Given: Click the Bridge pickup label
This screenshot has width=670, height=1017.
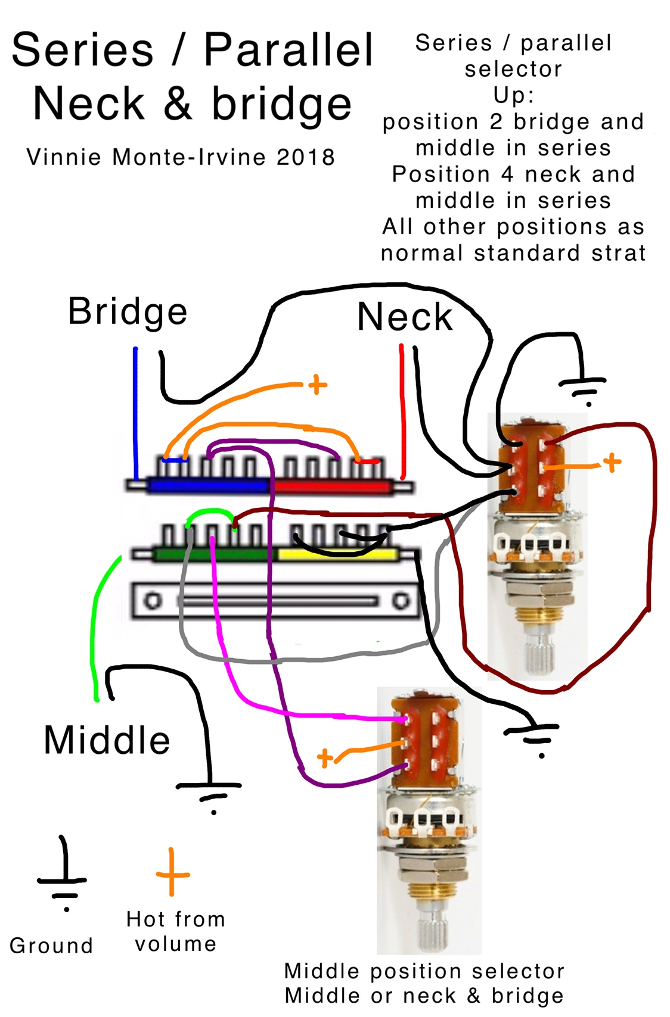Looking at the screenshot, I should tap(128, 312).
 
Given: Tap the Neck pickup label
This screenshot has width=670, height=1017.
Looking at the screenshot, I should tap(405, 317).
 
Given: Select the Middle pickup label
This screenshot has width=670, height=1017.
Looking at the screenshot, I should tap(107, 741).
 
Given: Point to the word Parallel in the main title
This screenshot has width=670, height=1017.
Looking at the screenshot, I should tap(289, 50).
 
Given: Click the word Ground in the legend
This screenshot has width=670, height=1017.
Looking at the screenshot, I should tap(51, 946).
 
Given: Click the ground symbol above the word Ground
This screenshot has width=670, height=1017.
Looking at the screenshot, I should tap(63, 878).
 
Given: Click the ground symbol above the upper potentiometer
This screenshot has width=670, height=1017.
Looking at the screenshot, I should tap(582, 387).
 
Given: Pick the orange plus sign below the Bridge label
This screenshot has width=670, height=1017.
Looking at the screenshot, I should tap(317, 385).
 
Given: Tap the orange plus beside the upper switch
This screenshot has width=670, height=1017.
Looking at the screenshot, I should tap(612, 462).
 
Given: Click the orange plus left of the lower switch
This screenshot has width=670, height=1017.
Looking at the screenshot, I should tap(325, 758).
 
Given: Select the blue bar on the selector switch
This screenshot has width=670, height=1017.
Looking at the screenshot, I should tap(209, 486).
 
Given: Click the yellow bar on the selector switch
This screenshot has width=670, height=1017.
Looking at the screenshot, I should tap(337, 555).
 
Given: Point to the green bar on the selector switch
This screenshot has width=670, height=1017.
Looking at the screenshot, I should tap(212, 555).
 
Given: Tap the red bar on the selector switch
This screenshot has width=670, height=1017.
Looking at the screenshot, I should tap(331, 486).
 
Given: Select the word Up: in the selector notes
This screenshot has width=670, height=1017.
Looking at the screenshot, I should tap(514, 95).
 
